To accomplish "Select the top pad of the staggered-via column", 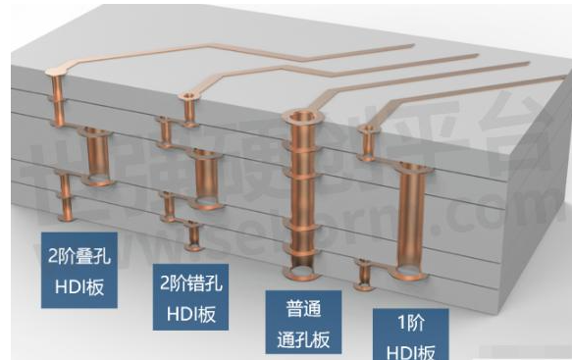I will (x=186, y=96).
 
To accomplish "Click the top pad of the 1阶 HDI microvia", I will (x=369, y=129).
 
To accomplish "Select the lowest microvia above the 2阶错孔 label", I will (x=192, y=236).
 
